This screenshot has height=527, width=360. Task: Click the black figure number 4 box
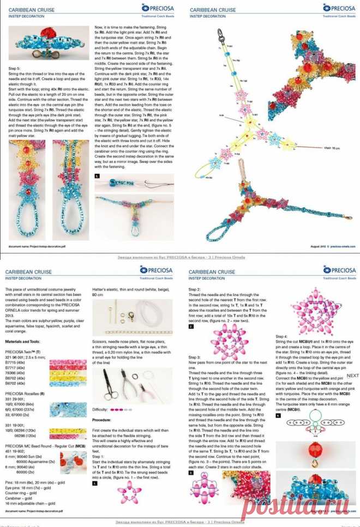(279, 416)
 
